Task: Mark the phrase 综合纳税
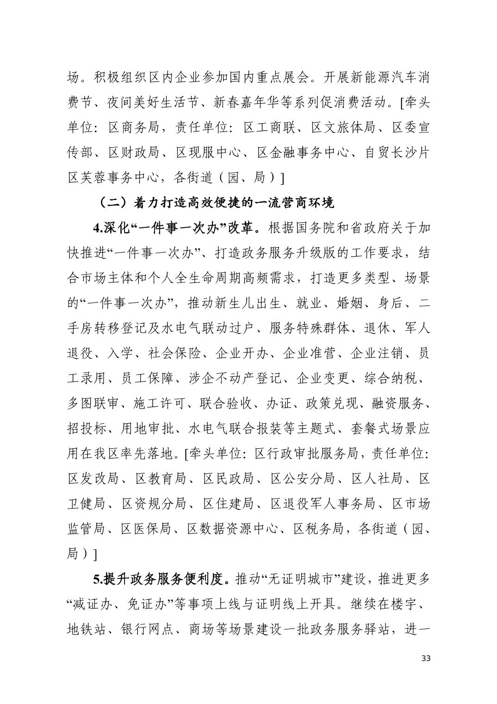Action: (390, 378)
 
